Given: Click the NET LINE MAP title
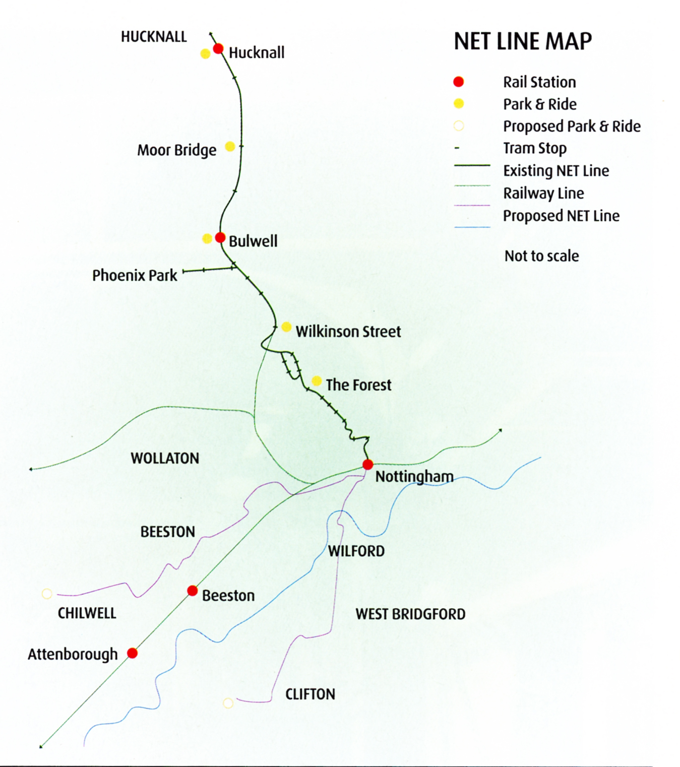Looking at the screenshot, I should coord(523,41).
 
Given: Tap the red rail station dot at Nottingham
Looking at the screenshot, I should coord(368,464).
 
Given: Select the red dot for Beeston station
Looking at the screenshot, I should coord(192,591).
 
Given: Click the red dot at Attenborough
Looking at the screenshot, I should coord(133,653).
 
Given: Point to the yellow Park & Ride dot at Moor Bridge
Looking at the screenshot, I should coord(230,147).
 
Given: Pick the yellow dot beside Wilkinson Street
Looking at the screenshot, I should coord(286,327).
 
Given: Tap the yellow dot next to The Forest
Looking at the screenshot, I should coord(317,381).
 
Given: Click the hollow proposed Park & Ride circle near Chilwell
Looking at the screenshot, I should coord(47,594).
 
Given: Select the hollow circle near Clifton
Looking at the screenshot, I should coord(228,703).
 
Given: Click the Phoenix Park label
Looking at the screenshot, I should coord(135,276).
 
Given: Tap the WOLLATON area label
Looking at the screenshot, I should coord(165,458).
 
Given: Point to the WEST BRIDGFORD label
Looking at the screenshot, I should coord(410,614).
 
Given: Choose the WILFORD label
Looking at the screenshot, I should coord(356,551).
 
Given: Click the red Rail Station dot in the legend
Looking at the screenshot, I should coord(458,82).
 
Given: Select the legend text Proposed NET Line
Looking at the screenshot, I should coord(561,216).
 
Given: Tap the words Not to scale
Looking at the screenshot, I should coord(541,256).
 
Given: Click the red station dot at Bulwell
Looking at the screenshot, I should coord(220,237).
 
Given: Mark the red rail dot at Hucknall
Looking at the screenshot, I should coord(218,49).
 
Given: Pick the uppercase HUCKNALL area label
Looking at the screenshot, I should coord(154,37).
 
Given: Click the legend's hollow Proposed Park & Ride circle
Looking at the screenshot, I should coord(458,126).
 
